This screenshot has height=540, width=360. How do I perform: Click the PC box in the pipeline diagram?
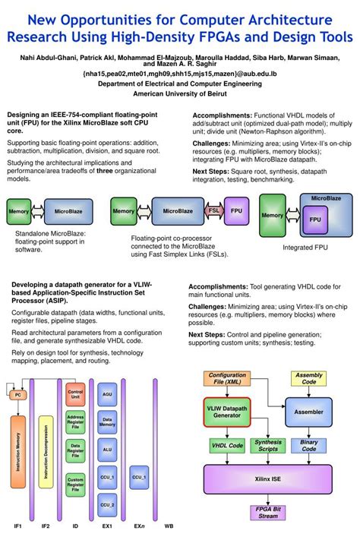[x=17, y=396]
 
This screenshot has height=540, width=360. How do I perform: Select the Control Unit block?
[x=75, y=393]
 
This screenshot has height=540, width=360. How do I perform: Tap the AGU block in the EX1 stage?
[x=107, y=396]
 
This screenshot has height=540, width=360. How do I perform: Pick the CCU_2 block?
[x=107, y=504]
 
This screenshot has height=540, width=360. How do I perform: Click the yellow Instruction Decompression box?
[x=46, y=453]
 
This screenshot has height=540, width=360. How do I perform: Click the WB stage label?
[x=168, y=526]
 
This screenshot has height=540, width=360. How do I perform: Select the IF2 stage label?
[x=46, y=526]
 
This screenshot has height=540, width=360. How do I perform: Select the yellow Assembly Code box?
[x=308, y=379]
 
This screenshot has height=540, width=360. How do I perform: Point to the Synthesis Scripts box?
[x=268, y=446]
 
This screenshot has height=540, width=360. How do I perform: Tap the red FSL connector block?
[x=214, y=210]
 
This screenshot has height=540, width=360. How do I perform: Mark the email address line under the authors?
[x=180, y=74]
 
